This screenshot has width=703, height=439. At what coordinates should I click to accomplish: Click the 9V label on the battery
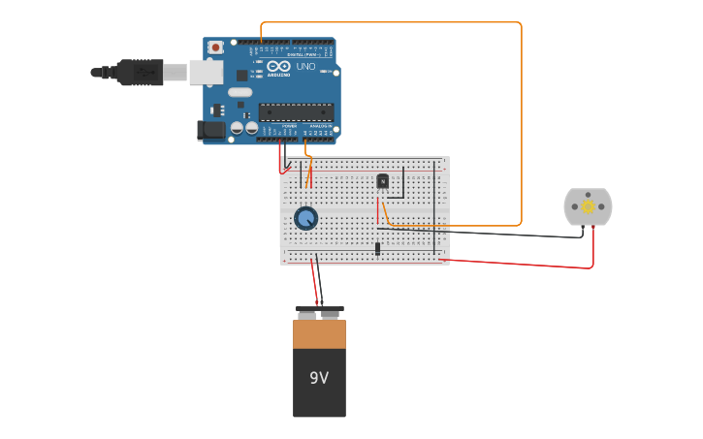[319, 378]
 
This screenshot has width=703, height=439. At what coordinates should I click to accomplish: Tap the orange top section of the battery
[319, 334]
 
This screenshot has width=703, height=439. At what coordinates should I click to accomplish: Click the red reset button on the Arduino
[214, 47]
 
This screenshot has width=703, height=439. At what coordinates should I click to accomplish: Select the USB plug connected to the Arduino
[140, 72]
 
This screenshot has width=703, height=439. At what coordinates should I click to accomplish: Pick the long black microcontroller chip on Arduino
[296, 111]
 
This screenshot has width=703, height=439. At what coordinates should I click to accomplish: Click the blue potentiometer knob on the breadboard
[305, 218]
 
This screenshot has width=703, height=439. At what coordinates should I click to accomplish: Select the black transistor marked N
[382, 181]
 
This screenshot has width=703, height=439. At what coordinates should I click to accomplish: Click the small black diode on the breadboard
[377, 249]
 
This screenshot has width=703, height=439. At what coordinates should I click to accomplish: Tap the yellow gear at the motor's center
[588, 206]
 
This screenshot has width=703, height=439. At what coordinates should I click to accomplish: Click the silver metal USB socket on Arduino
[205, 72]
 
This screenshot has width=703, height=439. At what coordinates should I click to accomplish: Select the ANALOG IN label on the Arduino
[319, 126]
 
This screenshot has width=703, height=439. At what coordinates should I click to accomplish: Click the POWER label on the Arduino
[289, 126]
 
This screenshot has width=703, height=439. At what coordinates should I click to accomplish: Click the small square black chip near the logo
[241, 75]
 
